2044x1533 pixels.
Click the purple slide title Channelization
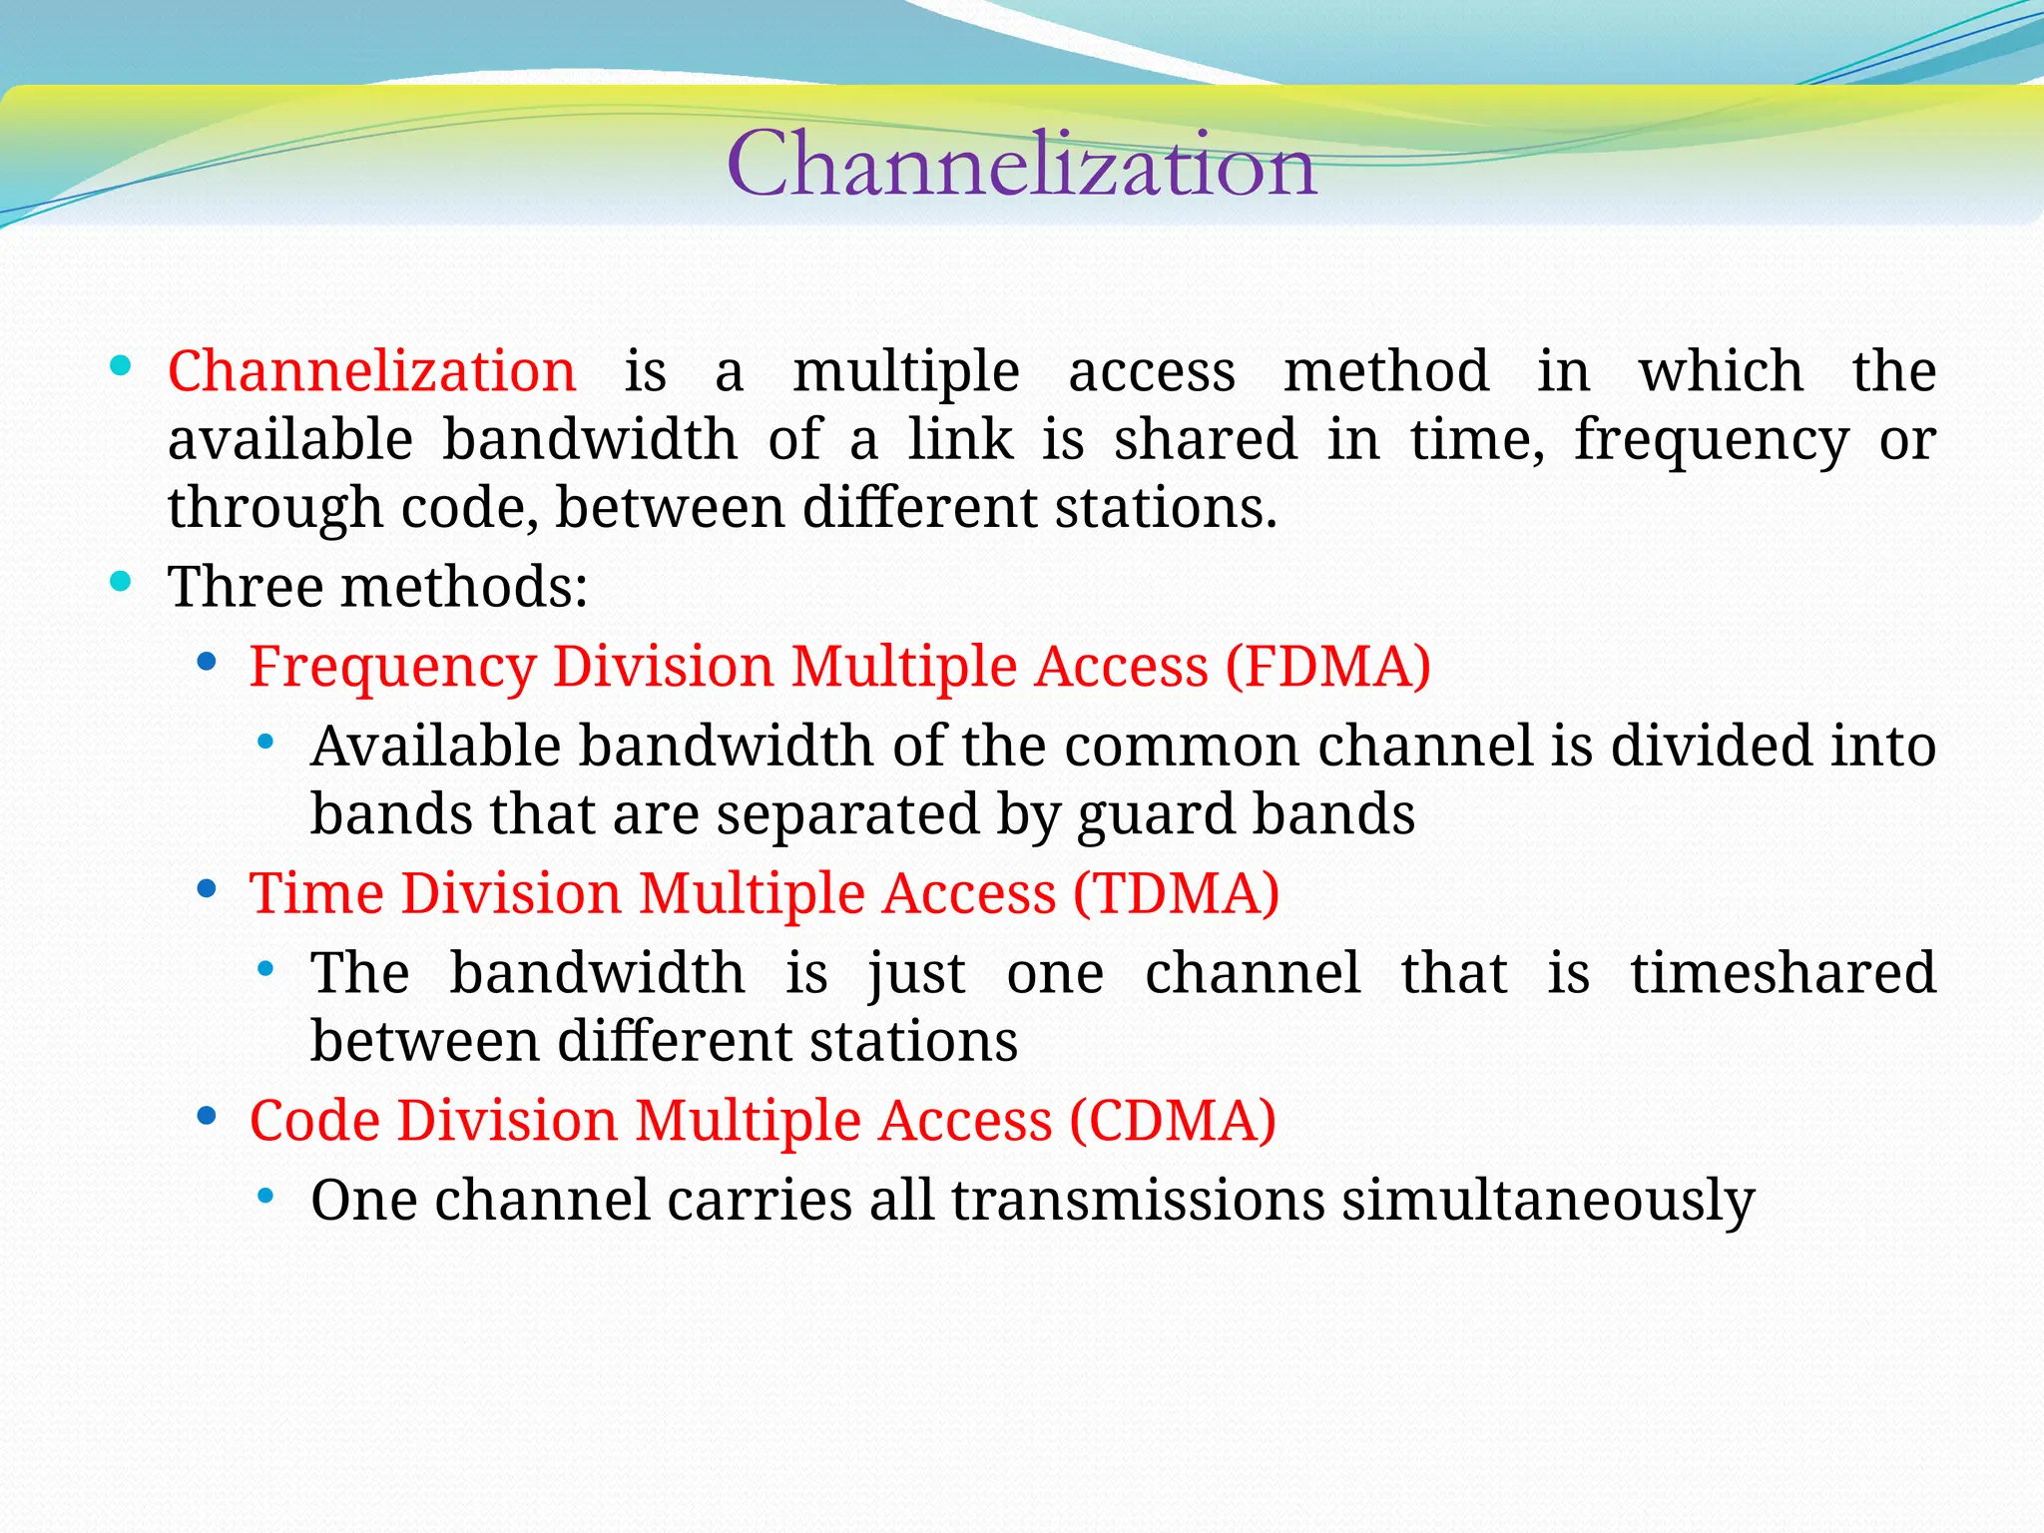tap(1021, 165)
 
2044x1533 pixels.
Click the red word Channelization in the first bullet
tap(371, 371)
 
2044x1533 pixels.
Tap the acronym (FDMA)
tap(1327, 667)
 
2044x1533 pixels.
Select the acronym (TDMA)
tap(1176, 893)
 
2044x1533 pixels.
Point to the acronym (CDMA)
tap(1173, 1121)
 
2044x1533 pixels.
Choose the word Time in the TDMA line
tap(316, 893)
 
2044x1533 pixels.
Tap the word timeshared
tap(1783, 973)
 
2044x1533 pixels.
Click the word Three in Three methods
tap(246, 587)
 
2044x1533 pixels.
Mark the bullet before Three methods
tap(121, 582)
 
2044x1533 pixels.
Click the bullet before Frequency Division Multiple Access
tap(207, 662)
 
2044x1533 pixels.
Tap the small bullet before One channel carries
tap(264, 1196)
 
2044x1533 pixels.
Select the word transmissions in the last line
tap(1138, 1201)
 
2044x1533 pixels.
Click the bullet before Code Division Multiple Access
tap(207, 1116)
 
